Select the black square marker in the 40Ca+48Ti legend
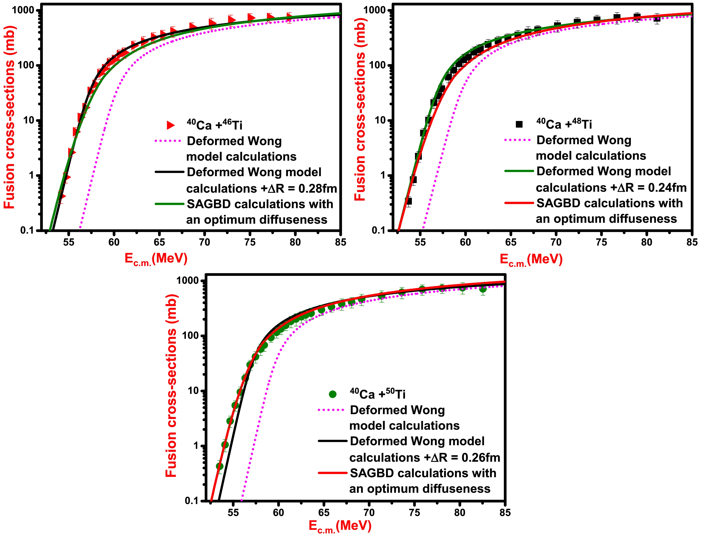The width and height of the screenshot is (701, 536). pyautogui.click(x=519, y=124)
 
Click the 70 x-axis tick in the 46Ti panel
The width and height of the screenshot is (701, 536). pyautogui.click(x=205, y=242)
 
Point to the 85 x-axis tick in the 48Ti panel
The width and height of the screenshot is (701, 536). pyautogui.click(x=692, y=242)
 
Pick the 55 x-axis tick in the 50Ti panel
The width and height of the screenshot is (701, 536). pyautogui.click(x=233, y=513)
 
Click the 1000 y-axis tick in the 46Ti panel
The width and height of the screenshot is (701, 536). pyautogui.click(x=23, y=10)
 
